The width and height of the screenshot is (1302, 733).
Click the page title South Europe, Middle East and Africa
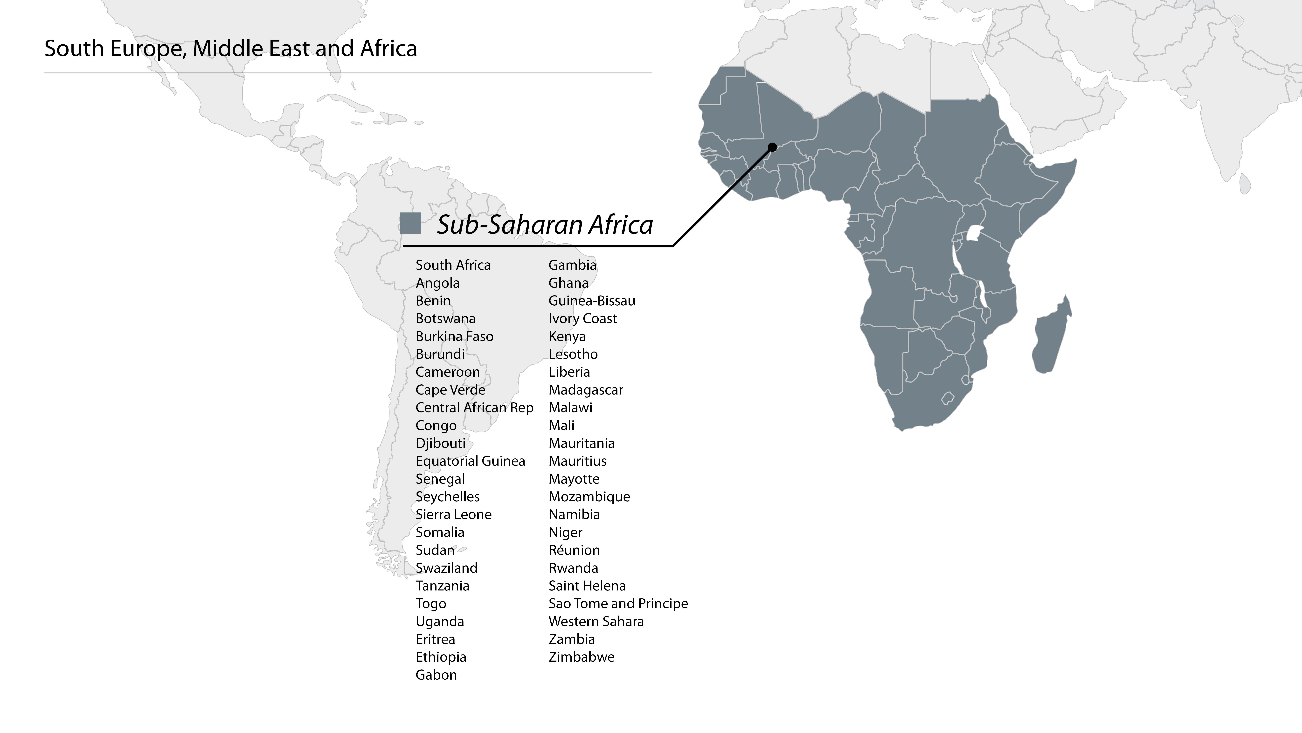tap(230, 49)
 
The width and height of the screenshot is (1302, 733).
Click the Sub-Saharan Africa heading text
tap(544, 225)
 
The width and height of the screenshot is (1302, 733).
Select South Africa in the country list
tap(453, 265)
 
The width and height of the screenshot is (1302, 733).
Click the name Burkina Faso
tap(454, 336)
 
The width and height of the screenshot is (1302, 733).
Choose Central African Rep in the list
tap(474, 408)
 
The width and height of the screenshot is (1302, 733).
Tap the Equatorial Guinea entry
tap(470, 461)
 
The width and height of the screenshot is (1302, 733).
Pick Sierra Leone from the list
tap(453, 514)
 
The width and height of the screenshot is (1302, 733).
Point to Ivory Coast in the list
tap(582, 319)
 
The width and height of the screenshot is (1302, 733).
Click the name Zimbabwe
tap(581, 657)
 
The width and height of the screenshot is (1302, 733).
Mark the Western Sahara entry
tap(596, 621)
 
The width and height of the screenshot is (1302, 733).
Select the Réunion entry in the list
tap(574, 550)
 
